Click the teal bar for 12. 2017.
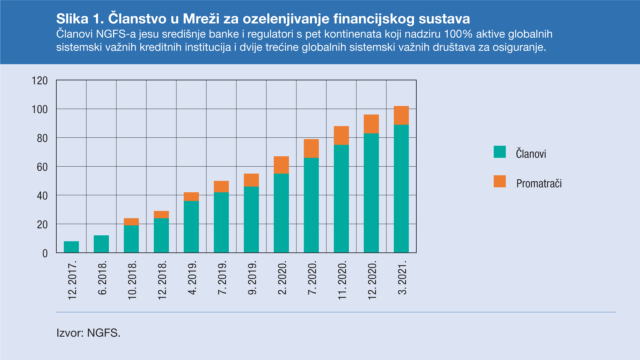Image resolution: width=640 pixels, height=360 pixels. (x=71, y=247)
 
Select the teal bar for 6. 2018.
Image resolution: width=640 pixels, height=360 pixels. (x=101, y=244)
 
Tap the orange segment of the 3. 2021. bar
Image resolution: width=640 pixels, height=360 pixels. (x=401, y=115)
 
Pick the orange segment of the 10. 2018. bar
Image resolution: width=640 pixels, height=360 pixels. (x=131, y=222)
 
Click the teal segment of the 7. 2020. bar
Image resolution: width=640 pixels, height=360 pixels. (x=311, y=205)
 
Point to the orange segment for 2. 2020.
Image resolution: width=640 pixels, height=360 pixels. (x=281, y=165)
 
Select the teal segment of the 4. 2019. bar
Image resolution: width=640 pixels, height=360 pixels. (x=191, y=227)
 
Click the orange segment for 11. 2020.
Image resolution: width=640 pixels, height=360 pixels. (x=341, y=135)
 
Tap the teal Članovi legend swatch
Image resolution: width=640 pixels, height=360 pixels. (x=500, y=152)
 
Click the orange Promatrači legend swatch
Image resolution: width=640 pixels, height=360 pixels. (x=500, y=181)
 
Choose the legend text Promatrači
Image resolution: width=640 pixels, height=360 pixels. (x=539, y=183)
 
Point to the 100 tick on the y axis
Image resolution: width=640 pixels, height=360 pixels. (x=40, y=109)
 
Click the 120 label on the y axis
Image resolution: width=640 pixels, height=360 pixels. (x=40, y=81)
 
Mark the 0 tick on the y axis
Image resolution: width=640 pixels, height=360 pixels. (x=45, y=253)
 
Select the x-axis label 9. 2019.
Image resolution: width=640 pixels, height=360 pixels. (x=252, y=278)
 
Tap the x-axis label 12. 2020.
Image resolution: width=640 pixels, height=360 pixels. (x=372, y=280)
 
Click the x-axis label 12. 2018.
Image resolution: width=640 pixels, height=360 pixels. (x=162, y=280)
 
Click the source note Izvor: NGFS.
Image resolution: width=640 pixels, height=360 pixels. (x=88, y=333)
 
